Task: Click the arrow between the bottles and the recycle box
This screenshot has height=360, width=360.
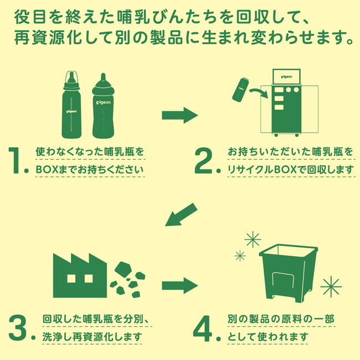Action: [180, 115]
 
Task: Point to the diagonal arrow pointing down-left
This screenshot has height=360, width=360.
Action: [181, 215]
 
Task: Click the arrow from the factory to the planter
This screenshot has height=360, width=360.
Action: [180, 285]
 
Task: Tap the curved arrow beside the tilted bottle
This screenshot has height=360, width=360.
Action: [259, 92]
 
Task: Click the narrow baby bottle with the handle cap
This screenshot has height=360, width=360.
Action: [71, 105]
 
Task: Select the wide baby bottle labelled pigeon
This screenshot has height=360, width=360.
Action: [103, 106]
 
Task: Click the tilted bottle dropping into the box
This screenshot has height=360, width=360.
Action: [240, 90]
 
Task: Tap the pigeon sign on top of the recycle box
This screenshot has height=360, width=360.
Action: [286, 76]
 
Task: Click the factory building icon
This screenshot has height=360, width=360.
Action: [80, 275]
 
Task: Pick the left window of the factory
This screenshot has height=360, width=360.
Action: [71, 279]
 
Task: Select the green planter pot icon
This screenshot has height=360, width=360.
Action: [289, 273]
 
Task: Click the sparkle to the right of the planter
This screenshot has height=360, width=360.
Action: [331, 286]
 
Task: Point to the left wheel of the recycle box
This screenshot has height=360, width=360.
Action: [276, 135]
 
